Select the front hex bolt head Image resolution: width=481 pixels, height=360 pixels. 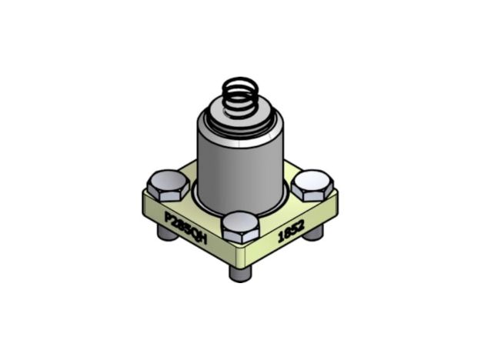(x=240, y=226)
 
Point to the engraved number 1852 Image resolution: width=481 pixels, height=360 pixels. (x=291, y=231)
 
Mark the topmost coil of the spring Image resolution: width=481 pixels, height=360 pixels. (x=239, y=83)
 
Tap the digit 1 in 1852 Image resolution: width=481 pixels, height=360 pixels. (x=281, y=238)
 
